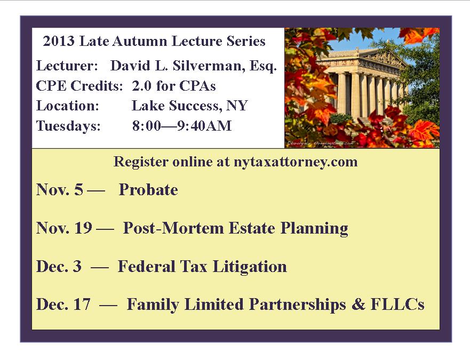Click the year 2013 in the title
pyautogui.click(x=59, y=41)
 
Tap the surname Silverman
pyautogui.click(x=207, y=66)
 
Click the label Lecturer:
pyautogui.click(x=67, y=66)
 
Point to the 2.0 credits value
pyautogui.click(x=142, y=86)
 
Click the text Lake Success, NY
pyautogui.click(x=190, y=106)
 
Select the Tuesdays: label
pyautogui.click(x=68, y=126)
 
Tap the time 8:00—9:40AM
pyautogui.click(x=182, y=126)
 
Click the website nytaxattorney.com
pyautogui.click(x=295, y=162)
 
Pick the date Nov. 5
pyautogui.click(x=60, y=190)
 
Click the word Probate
pyautogui.click(x=148, y=190)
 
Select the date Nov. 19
pyautogui.click(x=64, y=228)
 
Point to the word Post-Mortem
pyautogui.click(x=173, y=228)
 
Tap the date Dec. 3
pyautogui.click(x=59, y=267)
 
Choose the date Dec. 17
pyautogui.click(x=63, y=304)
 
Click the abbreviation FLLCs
pyautogui.click(x=397, y=304)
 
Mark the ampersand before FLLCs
pyautogui.click(x=358, y=304)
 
